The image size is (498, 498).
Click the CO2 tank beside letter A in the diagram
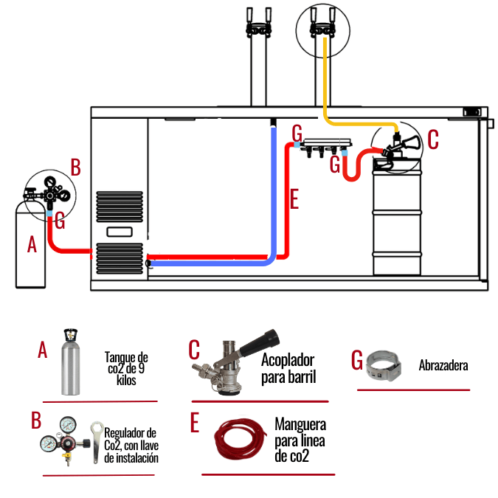[x=30, y=247]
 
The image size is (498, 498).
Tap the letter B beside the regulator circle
[x=75, y=166]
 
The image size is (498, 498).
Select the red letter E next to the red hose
[x=294, y=199]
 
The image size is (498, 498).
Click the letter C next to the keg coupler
[x=432, y=138]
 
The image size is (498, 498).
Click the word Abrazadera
[x=443, y=364]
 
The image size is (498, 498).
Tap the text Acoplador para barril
[x=288, y=368]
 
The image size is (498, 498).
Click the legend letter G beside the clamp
[x=357, y=359]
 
